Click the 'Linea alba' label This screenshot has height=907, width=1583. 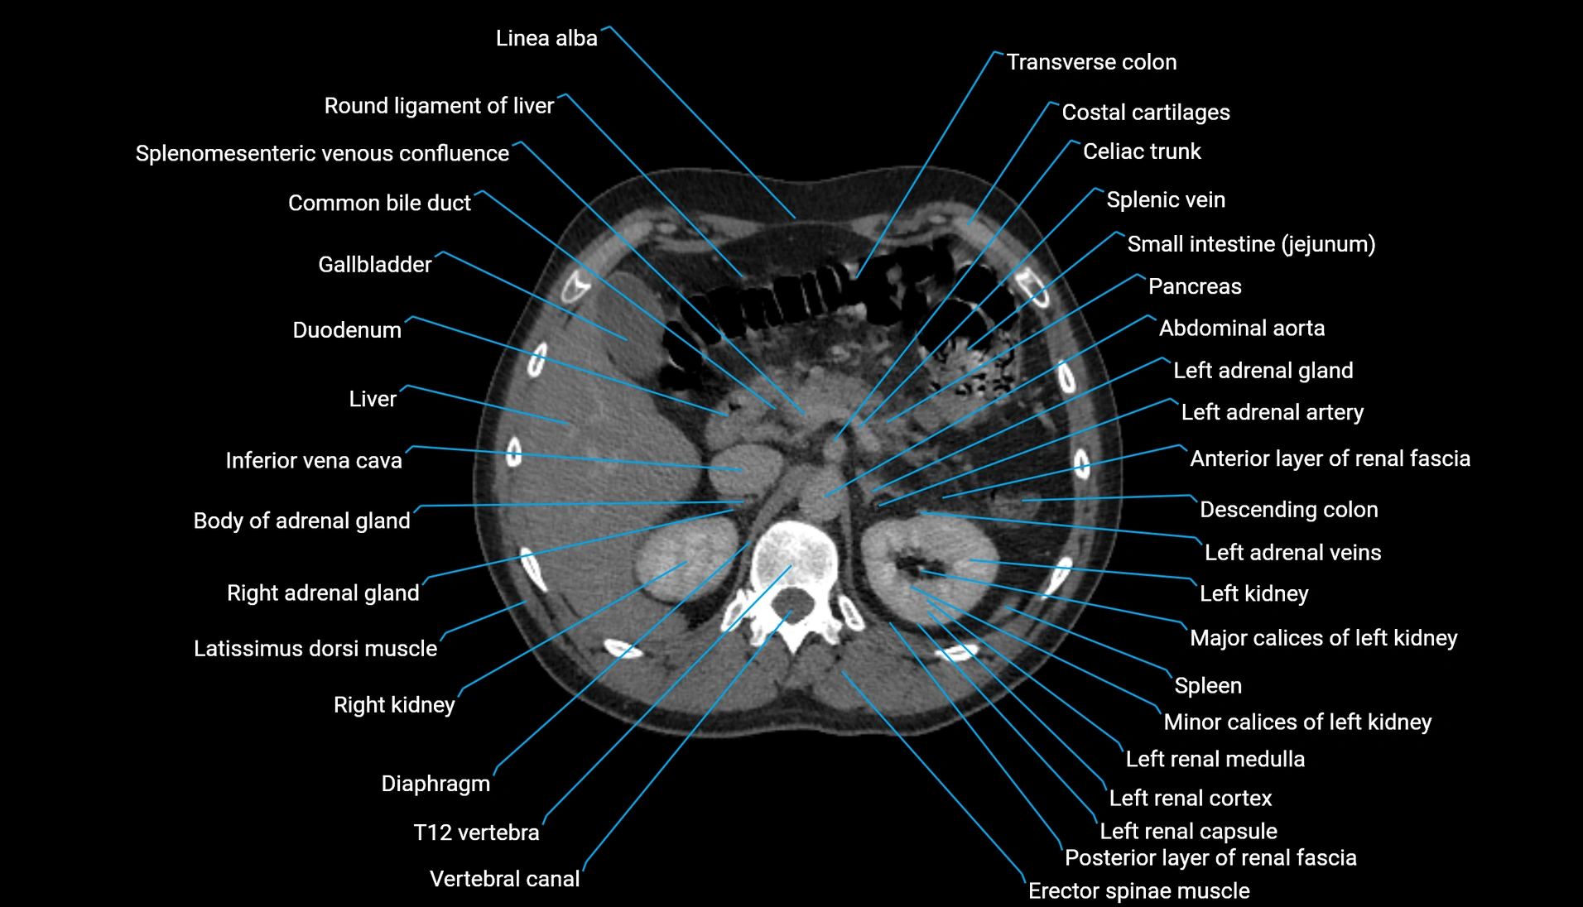coord(546,38)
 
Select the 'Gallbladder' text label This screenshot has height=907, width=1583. coord(374,265)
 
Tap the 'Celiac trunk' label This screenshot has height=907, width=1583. coord(1142,151)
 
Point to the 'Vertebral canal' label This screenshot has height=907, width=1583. coord(504,879)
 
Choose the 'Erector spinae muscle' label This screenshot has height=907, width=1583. coord(1138,891)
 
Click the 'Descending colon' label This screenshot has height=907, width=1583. coord(1288,510)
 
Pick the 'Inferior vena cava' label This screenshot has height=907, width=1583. coord(314,460)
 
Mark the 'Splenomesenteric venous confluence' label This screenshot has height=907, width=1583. coord(322,154)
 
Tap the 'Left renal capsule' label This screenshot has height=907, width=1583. coord(1188,831)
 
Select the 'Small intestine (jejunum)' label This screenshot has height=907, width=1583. coord(1251,244)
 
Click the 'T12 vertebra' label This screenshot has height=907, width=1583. coord(476,833)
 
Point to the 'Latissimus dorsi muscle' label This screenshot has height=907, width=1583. coord(315,649)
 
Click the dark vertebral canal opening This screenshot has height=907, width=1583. coord(792,603)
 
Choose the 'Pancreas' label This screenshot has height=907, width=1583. coord(1194,286)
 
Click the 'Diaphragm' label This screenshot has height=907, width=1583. coord(435,784)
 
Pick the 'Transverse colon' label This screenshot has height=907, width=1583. coord(1090,62)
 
